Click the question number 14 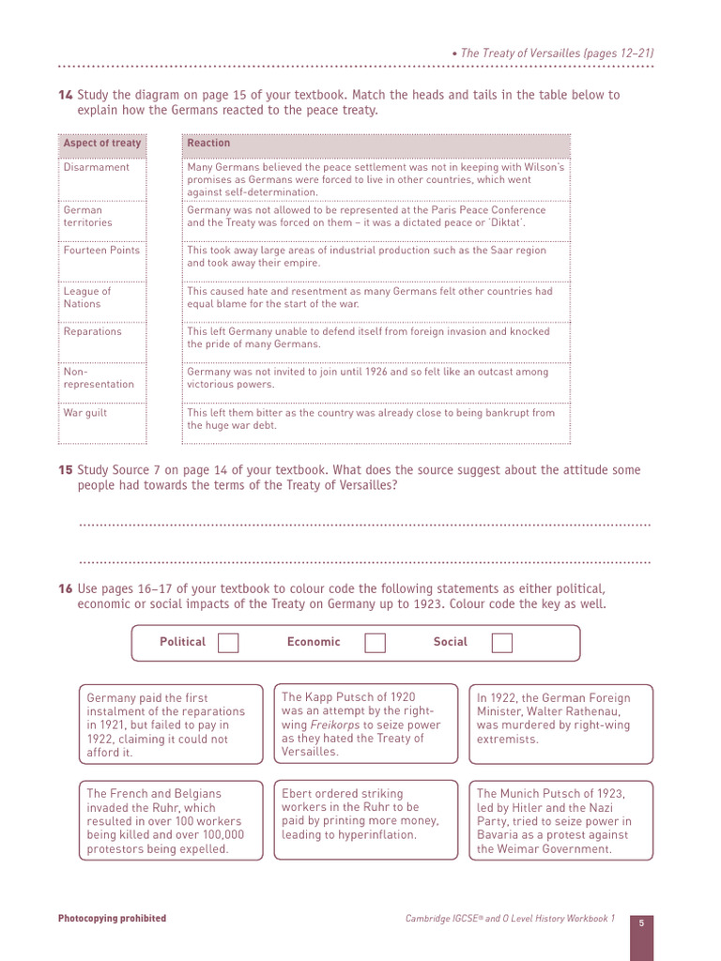pyautogui.click(x=65, y=95)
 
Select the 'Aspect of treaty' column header pyautogui.click(x=102, y=144)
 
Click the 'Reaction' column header pyautogui.click(x=208, y=144)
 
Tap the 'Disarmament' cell pyautogui.click(x=97, y=167)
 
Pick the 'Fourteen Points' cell pyautogui.click(x=101, y=251)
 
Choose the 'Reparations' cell pyautogui.click(x=93, y=331)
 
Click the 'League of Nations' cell pyautogui.click(x=87, y=297)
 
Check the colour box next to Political pyautogui.click(x=228, y=642)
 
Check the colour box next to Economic pyautogui.click(x=375, y=642)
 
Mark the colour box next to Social pyautogui.click(x=502, y=642)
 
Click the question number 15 pyautogui.click(x=65, y=470)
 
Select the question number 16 pyautogui.click(x=65, y=588)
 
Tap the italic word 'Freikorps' pyautogui.click(x=333, y=725)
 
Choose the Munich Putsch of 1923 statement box pyautogui.click(x=560, y=820)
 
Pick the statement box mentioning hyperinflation pyautogui.click(x=366, y=819)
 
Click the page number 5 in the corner pyautogui.click(x=641, y=923)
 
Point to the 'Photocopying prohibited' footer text pyautogui.click(x=112, y=919)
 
